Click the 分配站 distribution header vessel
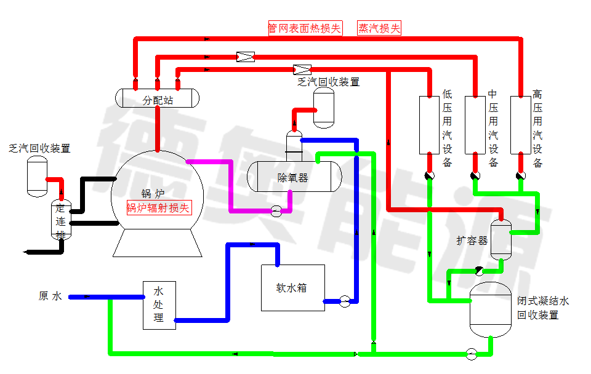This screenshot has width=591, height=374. pos(158,98)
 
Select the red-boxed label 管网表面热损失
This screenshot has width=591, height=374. pos(305,28)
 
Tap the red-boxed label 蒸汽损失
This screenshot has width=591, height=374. pos(379,28)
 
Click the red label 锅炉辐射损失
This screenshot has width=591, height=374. pos(159,208)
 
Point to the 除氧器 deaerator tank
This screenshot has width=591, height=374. pos(294,176)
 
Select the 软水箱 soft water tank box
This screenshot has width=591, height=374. pos(293,287)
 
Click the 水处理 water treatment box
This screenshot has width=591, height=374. pos(159,304)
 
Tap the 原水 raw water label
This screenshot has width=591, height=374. pos(50,296)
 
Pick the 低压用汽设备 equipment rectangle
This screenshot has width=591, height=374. pos(429,124)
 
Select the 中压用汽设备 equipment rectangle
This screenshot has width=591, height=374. pos(475,124)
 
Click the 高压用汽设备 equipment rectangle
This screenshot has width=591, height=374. pos(520,124)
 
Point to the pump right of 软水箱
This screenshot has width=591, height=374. pos(345,301)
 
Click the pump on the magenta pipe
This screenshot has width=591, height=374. pos(276,211)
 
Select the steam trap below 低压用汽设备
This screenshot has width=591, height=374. pos(429,176)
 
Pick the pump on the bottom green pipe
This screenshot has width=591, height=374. pos(472,353)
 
